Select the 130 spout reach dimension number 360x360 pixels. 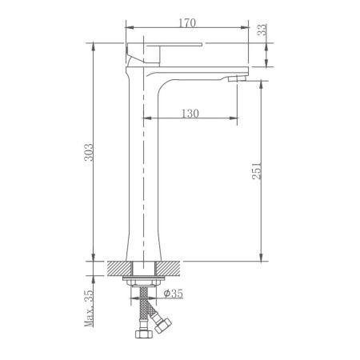pos(190,113)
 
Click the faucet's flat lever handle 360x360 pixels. pos(169,48)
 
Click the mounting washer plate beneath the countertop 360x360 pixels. pos(145,281)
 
